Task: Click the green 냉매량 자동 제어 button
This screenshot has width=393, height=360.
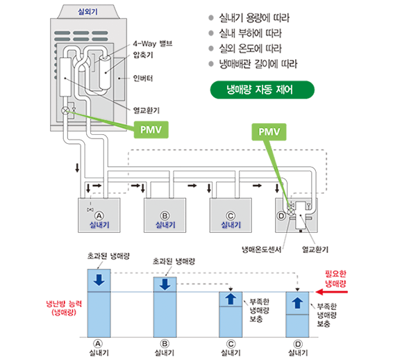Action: point(262,90)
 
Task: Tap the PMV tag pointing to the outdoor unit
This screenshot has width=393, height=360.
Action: point(151,130)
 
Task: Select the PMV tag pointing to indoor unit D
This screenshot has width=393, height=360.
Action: point(269,132)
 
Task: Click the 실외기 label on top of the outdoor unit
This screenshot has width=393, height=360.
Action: point(87,12)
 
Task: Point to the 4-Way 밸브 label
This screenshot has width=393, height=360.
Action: point(153,44)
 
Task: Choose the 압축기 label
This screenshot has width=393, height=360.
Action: point(143,55)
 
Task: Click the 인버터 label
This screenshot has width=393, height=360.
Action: point(143,79)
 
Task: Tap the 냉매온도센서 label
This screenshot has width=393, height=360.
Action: point(261,249)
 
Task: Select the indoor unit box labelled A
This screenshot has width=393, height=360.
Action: point(99,215)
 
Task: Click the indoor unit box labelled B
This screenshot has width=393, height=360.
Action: point(165,215)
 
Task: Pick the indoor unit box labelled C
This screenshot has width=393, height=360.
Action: point(231,215)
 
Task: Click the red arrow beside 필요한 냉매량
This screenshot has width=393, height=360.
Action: point(332,292)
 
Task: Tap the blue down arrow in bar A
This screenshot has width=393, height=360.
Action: point(99,280)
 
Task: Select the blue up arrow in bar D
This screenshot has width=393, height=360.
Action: point(297,302)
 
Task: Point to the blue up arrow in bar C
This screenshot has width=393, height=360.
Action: point(231,299)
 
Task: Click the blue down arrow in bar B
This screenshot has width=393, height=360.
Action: point(165,284)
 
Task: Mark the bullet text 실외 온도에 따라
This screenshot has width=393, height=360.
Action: point(251,49)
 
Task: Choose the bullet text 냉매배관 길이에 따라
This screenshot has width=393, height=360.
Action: point(258,64)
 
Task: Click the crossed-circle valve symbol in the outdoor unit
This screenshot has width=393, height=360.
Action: point(65,111)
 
